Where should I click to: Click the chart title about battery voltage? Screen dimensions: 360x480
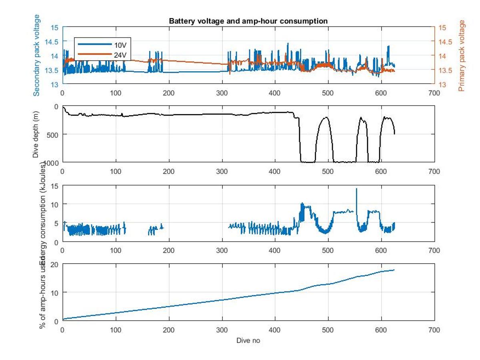(248, 21)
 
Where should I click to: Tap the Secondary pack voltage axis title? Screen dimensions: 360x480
(36, 55)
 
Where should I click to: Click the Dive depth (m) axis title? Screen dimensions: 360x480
(36, 134)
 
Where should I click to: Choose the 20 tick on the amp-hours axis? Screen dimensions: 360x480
(55, 264)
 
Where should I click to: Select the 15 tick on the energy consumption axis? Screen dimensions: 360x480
(55, 186)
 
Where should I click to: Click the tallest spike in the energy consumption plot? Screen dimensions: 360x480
(357, 189)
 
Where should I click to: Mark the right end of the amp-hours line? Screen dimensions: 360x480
(394, 270)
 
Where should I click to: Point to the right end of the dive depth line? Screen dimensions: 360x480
(395, 134)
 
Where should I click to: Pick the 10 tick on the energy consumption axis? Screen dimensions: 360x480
(55, 204)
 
